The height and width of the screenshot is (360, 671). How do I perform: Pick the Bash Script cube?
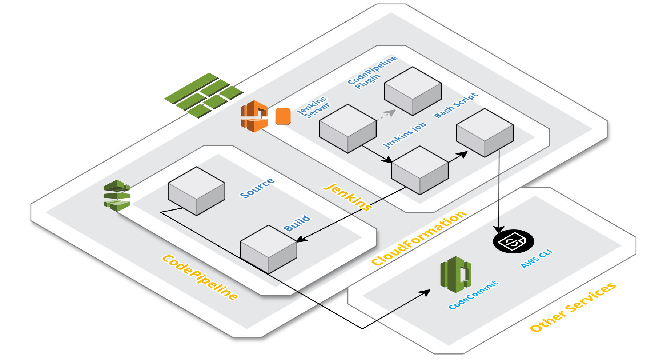click(x=485, y=133)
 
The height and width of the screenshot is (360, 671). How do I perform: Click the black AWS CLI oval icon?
click(x=513, y=241)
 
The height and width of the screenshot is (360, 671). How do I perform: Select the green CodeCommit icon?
click(x=455, y=275)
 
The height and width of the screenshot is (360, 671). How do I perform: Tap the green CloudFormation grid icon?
click(x=204, y=95)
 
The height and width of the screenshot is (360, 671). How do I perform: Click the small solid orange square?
click(x=283, y=116)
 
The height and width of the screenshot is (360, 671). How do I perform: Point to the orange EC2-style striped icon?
click(x=254, y=116)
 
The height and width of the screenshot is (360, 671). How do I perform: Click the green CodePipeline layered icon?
click(x=117, y=196)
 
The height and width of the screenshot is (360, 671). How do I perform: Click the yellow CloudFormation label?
click(x=419, y=238)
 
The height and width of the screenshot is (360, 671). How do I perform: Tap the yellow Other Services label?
click(x=573, y=307)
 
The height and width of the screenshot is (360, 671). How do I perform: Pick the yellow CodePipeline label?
click(x=200, y=277)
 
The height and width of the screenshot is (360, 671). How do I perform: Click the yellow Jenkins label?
click(x=347, y=197)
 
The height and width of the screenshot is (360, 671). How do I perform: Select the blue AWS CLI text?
click(x=537, y=259)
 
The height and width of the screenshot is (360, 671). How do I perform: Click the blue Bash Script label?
click(x=455, y=105)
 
